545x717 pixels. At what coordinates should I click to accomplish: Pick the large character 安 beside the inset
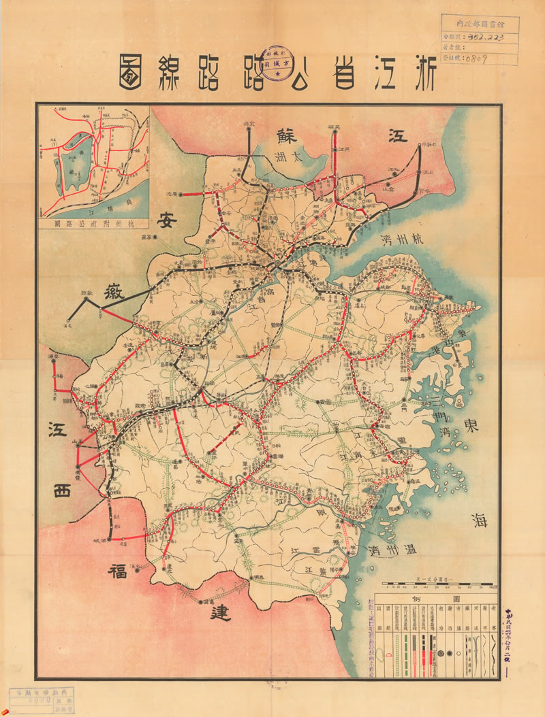(x=168, y=220)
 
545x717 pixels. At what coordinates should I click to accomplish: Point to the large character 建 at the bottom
(x=220, y=612)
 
